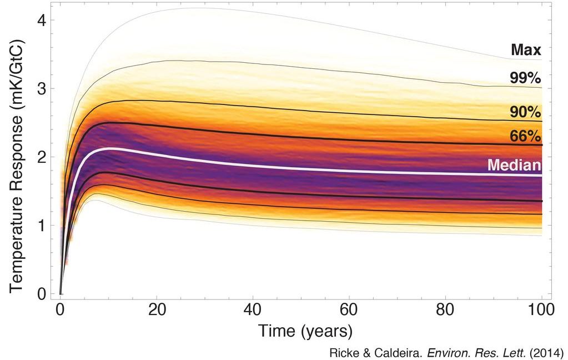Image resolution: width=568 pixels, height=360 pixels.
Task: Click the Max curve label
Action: tap(526, 49)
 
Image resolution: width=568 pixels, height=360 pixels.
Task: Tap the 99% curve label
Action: tap(525, 78)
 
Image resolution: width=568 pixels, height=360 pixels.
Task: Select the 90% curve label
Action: tap(525, 112)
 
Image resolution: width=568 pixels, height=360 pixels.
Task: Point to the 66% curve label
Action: tap(525, 136)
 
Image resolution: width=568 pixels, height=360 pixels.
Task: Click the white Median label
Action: tap(514, 165)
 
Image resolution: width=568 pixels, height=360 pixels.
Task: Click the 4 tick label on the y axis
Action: tap(42, 21)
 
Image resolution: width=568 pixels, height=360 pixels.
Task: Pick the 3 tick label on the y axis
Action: tap(42, 89)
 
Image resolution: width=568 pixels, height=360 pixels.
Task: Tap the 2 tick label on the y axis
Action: tap(42, 157)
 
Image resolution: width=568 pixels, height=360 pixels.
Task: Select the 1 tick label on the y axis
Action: tap(42, 226)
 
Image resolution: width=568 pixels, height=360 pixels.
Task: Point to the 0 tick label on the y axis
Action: tap(42, 294)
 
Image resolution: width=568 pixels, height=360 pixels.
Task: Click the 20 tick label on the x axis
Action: tap(157, 311)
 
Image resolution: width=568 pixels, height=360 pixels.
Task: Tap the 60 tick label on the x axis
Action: tap(349, 311)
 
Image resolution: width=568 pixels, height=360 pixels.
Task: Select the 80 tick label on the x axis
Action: tap(445, 311)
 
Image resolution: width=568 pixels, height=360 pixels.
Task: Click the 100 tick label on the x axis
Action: tap(541, 311)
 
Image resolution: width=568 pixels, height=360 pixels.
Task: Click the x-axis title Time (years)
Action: tap(305, 331)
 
